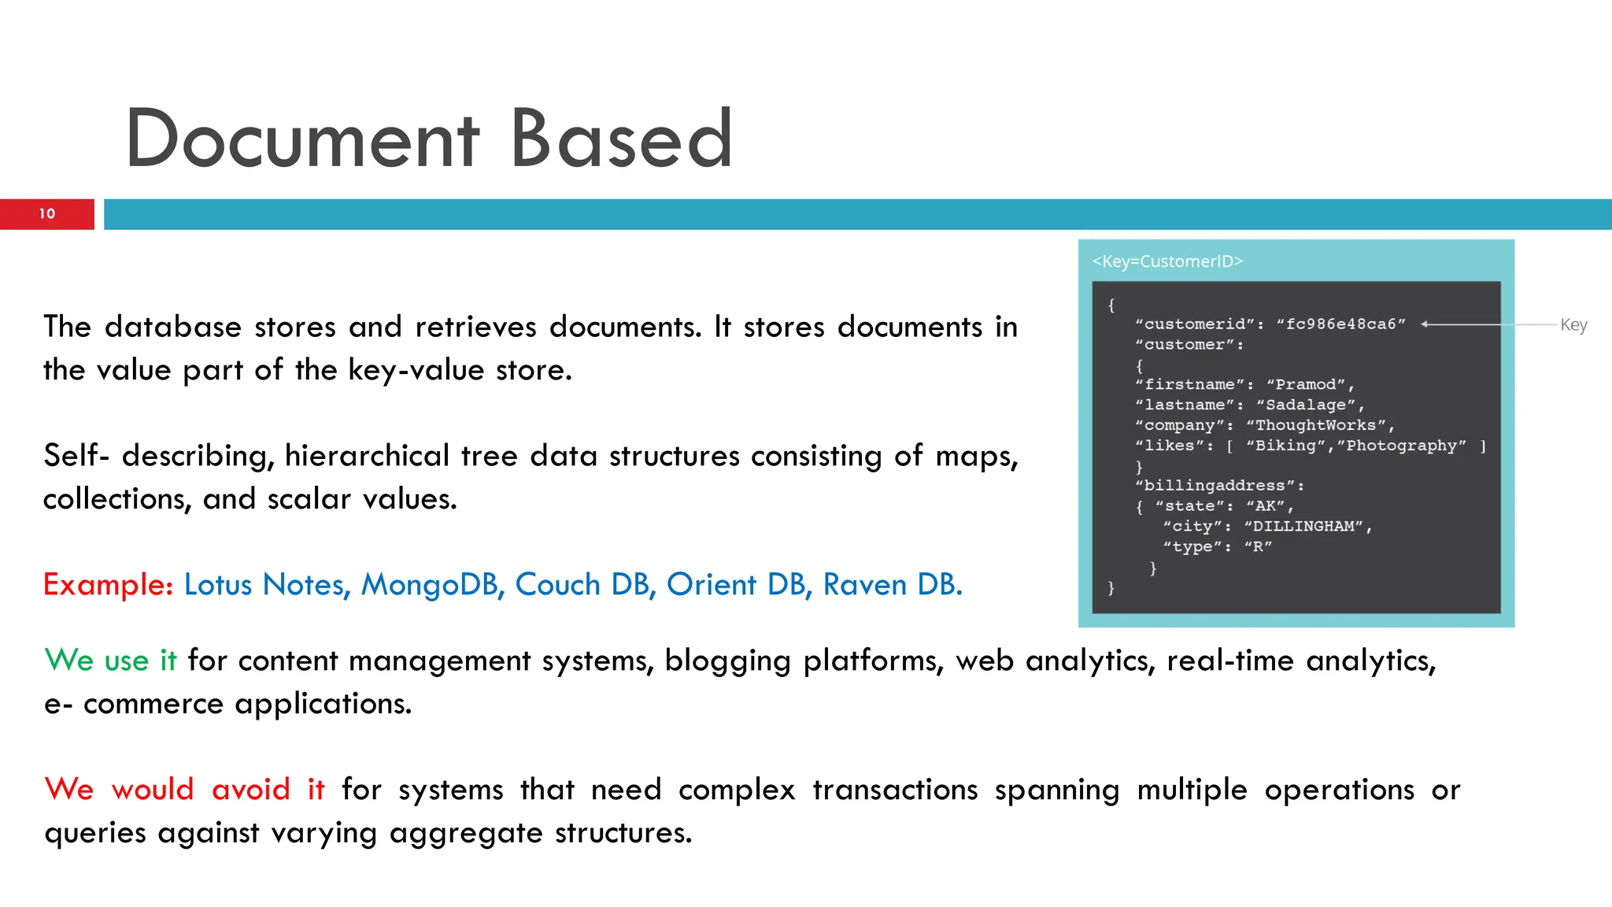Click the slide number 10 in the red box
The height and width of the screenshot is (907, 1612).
coord(47,213)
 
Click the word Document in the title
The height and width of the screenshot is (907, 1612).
coord(302,139)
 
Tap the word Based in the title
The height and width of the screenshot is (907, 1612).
coord(622,139)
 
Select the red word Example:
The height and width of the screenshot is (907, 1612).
coord(108,585)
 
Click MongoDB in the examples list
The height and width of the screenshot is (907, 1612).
coord(432,585)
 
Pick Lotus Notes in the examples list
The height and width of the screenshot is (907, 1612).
coord(267,585)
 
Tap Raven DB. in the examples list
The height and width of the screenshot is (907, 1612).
coord(893,585)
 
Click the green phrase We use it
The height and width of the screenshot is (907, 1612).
coord(110,660)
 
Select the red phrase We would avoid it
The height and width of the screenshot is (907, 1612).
coord(184,789)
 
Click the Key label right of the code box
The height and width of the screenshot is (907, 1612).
coord(1573,324)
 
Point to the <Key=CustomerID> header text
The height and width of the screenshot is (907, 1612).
coord(1166,261)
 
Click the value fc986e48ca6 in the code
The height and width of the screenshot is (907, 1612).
coord(1340,324)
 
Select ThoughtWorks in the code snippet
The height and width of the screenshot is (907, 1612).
coord(1315,425)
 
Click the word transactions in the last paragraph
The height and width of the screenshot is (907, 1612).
coord(895,789)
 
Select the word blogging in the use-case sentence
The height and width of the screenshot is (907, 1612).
coord(727,660)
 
